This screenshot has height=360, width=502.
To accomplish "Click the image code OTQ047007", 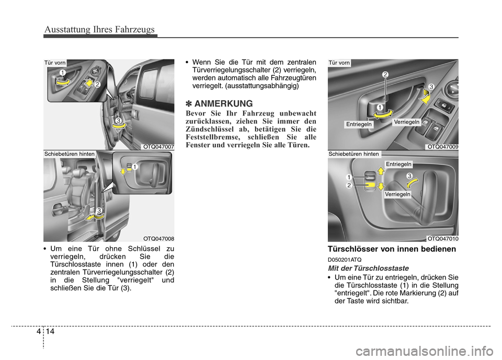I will point(158,147).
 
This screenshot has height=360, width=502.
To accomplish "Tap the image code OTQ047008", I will point(158,238).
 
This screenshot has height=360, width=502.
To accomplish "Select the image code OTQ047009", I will point(443,147).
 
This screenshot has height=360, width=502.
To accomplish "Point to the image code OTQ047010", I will point(443,238).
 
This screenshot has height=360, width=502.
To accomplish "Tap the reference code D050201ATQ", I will point(344,259).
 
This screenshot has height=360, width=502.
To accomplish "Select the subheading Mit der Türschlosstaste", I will point(368,268).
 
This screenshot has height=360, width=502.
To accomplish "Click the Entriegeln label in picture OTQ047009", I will point(359,124).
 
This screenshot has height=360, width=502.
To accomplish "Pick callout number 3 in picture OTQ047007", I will point(119,121).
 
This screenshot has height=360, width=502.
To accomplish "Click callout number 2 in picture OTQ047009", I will point(385,75).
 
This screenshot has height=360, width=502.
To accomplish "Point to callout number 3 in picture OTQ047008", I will point(98,210).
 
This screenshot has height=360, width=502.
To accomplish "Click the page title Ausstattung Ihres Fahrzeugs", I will point(99,29).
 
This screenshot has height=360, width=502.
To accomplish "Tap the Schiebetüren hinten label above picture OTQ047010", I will point(354,154).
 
